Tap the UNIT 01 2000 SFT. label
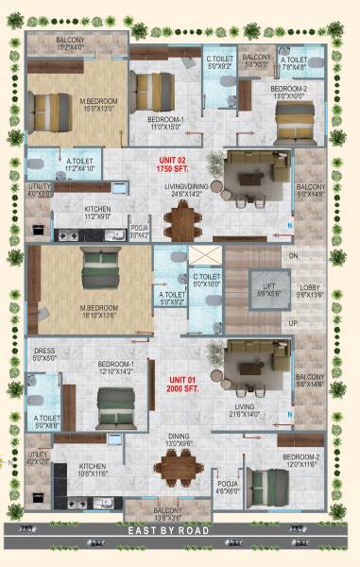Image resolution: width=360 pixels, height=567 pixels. (x=179, y=385)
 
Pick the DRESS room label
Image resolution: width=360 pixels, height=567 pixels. (x=44, y=355)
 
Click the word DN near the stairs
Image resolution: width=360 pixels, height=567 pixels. (x=294, y=255)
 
